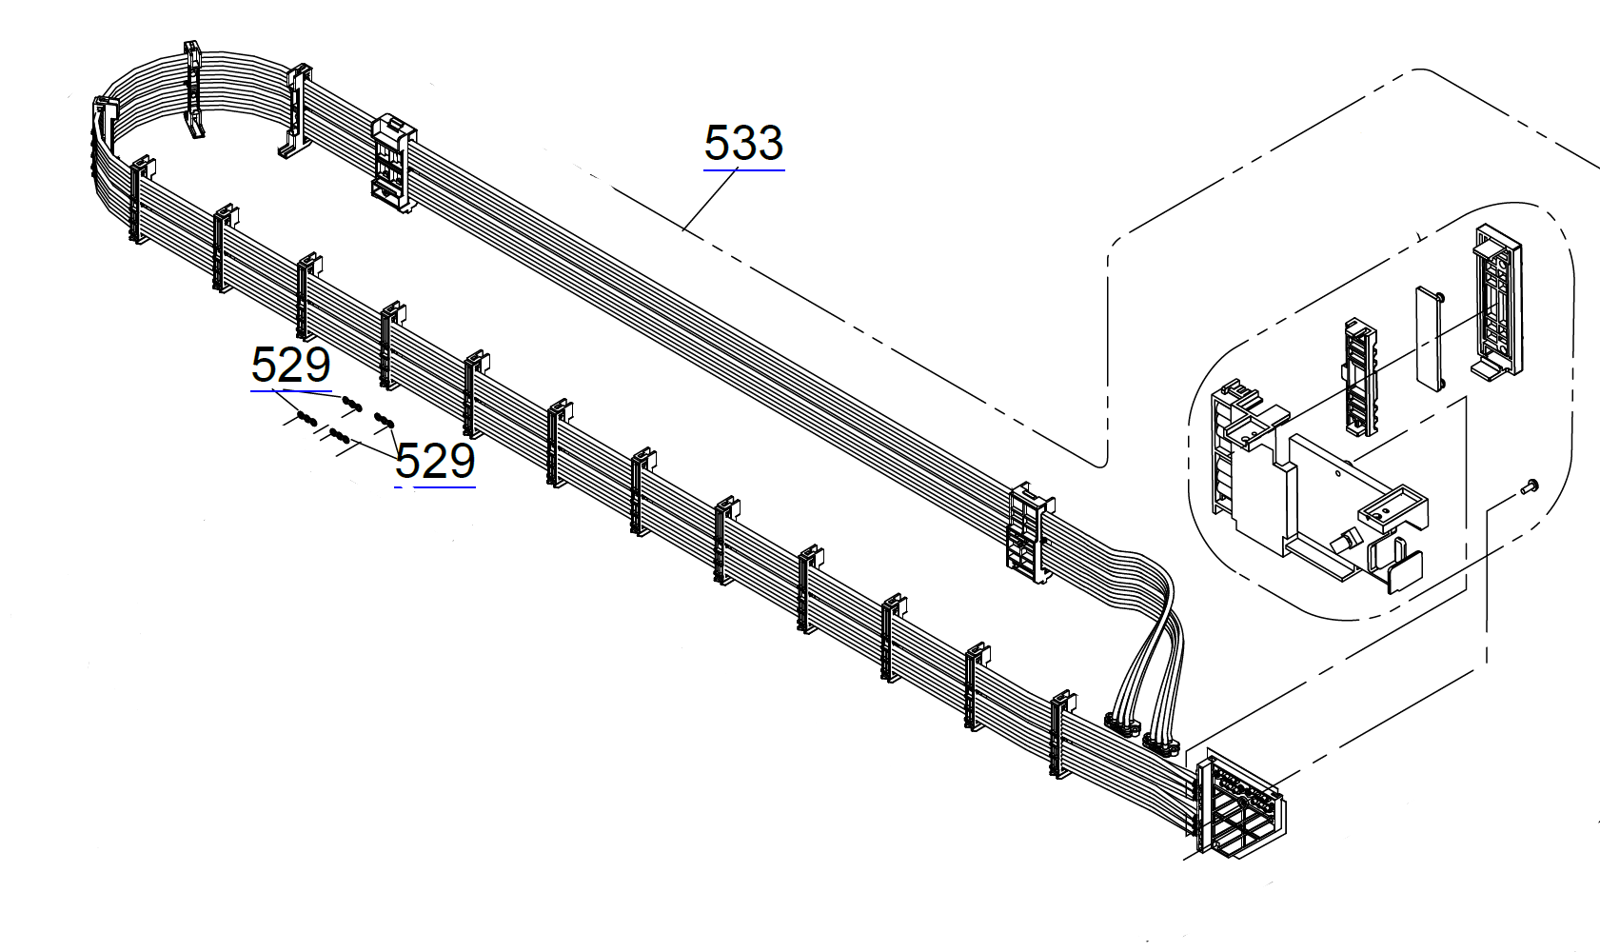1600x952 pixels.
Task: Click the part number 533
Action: (x=743, y=143)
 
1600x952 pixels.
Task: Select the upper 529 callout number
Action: (x=290, y=365)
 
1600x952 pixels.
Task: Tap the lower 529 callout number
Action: (x=435, y=462)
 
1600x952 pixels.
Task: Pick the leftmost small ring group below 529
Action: (x=306, y=417)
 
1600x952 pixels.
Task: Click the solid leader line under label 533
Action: (x=710, y=200)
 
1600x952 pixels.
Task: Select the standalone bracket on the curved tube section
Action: (x=194, y=90)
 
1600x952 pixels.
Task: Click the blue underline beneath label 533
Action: (x=743, y=170)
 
